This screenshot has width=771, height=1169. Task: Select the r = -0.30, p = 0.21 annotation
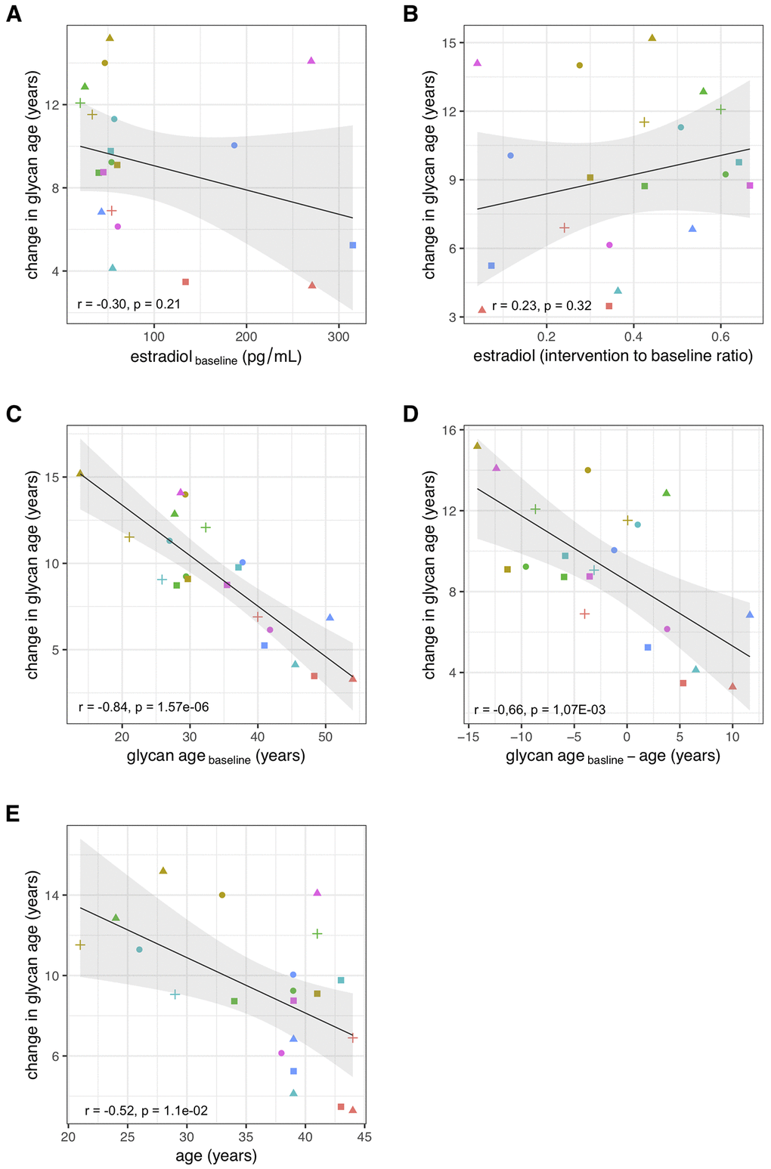coord(128,305)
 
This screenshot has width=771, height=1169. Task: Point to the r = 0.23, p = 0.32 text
coord(541,306)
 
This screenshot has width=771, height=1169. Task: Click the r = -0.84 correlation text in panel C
coord(144,707)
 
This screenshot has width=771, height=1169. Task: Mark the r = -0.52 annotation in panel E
coord(146,1110)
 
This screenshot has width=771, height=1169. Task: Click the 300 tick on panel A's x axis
coord(339,336)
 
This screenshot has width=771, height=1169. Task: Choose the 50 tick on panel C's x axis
coord(325,737)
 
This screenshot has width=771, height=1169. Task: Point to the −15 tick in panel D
coord(466,737)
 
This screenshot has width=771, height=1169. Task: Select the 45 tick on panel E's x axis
coord(364,1137)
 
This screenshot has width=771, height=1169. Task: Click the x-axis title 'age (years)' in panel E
coord(216,1155)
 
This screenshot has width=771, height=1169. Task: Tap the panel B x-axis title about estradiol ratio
coord(613,356)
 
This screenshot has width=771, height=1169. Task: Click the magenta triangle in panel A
coord(311,60)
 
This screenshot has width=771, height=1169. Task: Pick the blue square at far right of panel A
coord(353,246)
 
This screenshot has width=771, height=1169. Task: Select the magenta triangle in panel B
coord(477,63)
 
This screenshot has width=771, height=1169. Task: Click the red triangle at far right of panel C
coord(353,679)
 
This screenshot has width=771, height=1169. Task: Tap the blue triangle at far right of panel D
coord(750,615)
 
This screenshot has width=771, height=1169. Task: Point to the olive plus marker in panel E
coord(80,945)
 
